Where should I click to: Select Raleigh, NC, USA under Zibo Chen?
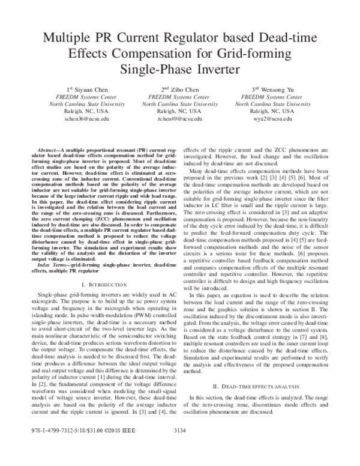180,111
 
